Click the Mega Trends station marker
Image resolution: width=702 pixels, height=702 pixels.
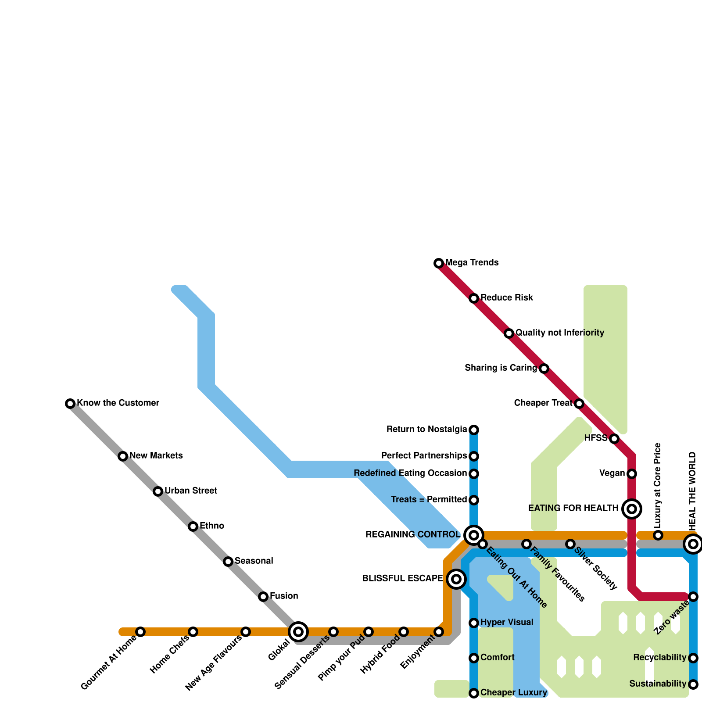439,263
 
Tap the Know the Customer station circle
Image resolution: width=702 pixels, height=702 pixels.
70,404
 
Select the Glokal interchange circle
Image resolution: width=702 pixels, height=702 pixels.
298,632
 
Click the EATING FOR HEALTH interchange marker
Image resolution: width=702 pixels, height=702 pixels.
632,509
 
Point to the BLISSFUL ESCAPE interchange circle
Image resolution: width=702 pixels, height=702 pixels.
456,579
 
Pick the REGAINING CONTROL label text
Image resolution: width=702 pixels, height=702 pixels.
413,535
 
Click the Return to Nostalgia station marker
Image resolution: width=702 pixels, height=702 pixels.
474,430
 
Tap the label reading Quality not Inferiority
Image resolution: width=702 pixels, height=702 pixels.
560,333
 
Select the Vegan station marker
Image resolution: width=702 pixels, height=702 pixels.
632,474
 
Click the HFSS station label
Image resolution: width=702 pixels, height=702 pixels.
595,438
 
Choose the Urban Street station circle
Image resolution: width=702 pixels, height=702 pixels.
158,491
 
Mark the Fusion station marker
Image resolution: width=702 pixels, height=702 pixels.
263,597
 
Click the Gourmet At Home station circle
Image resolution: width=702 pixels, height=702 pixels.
140,632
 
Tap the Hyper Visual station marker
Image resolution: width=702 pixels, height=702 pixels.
474,623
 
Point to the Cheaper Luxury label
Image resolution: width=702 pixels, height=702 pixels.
514,693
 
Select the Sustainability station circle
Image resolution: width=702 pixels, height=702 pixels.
693,684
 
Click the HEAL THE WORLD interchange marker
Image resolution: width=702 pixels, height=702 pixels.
693,544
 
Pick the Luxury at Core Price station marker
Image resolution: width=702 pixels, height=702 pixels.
658,535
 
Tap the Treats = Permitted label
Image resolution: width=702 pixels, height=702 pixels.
429,500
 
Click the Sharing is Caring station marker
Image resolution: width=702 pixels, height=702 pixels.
544,369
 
